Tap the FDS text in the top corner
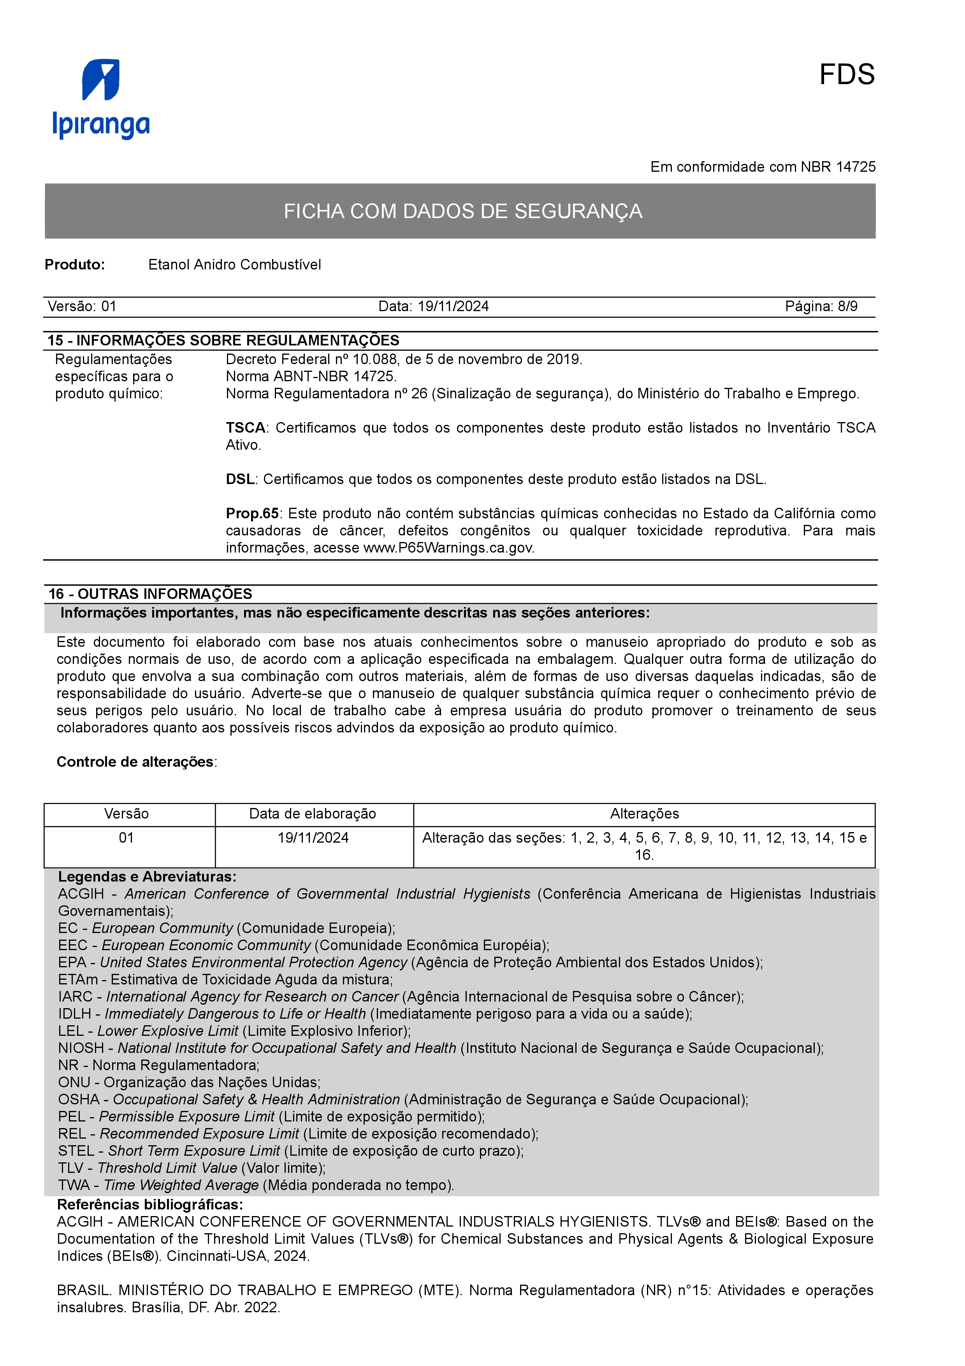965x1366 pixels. click(846, 75)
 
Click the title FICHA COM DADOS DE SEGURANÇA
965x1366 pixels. click(462, 211)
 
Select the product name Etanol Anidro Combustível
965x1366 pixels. click(234, 265)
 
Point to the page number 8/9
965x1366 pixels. click(847, 306)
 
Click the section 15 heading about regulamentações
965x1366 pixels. click(223, 340)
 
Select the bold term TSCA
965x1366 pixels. click(245, 428)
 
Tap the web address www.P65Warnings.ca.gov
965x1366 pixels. click(448, 548)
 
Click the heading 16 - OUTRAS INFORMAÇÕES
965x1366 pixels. click(150, 594)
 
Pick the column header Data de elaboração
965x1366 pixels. click(313, 814)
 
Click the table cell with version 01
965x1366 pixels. click(126, 838)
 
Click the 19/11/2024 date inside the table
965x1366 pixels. click(313, 838)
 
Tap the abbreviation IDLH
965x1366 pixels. click(74, 1014)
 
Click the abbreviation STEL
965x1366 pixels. click(76, 1151)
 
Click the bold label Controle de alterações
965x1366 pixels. click(135, 762)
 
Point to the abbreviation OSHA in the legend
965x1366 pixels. click(79, 1100)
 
